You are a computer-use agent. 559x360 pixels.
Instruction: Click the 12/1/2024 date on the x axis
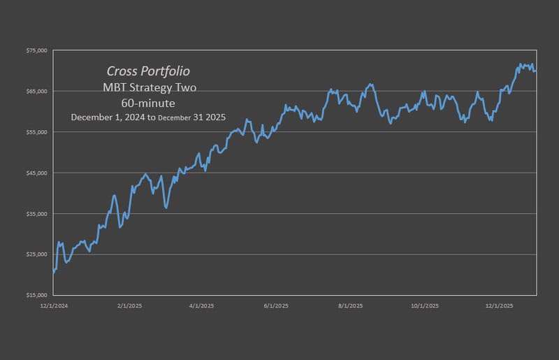pos(54,305)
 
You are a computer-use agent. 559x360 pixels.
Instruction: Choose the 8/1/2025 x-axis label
pos(349,305)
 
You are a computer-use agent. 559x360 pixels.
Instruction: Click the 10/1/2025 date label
pos(424,305)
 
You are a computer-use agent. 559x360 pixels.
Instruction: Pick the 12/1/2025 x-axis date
pos(499,305)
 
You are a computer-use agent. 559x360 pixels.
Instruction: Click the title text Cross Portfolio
pos(148,71)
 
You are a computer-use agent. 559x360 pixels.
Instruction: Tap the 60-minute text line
pos(148,102)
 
